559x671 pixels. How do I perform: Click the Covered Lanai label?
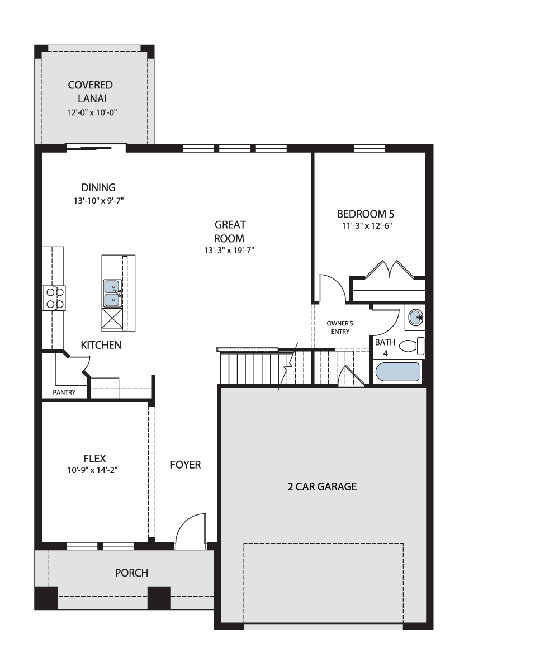pos(91,92)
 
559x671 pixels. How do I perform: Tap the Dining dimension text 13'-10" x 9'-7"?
pos(98,201)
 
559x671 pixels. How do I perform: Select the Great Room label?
pos(230,231)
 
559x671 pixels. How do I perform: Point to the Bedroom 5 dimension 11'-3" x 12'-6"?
pos(367,225)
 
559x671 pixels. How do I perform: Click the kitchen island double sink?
pos(112,293)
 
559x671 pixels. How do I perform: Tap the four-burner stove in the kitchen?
pos(55,298)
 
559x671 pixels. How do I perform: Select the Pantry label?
pos(64,393)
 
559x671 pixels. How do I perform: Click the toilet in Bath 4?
pos(412,346)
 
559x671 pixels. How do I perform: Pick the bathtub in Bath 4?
pos(397,372)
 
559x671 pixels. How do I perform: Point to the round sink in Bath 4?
pos(415,318)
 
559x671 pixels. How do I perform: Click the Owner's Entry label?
pos(340,327)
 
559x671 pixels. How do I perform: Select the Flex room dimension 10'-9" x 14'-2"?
pos(92,470)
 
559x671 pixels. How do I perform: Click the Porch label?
pos(132,573)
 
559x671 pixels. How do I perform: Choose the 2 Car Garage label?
pos(322,486)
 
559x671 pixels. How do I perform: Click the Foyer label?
pos(186,464)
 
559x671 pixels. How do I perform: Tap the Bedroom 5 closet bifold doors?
pos(390,270)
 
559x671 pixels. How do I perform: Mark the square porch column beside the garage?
pos(159,598)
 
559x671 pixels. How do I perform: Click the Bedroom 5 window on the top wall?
pos(369,148)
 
